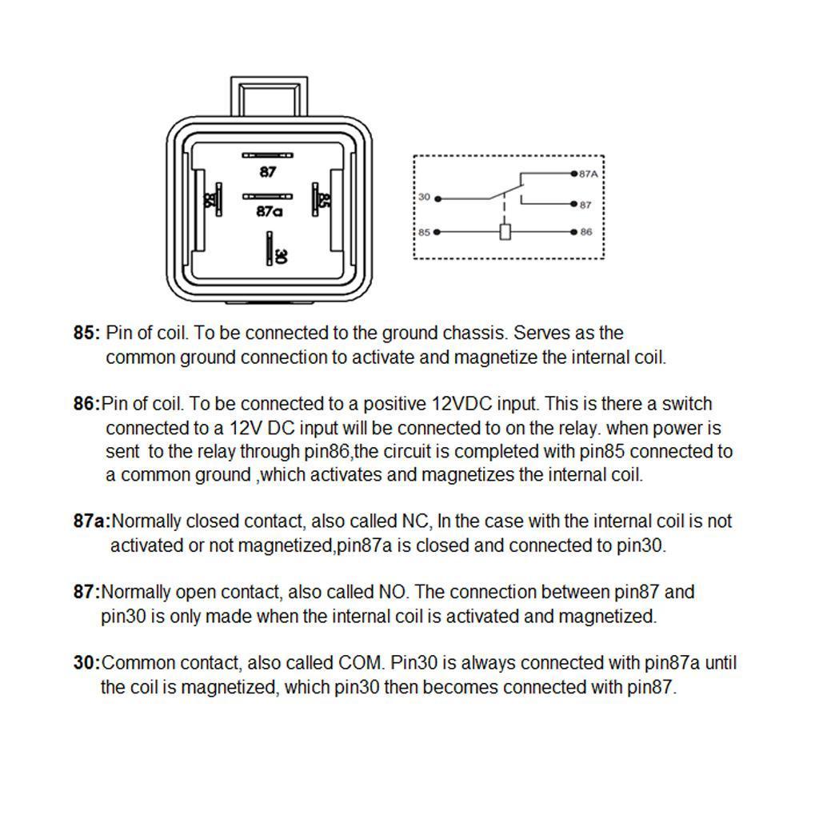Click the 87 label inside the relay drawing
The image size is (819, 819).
click(x=267, y=171)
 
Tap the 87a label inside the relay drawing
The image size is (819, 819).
click(x=269, y=211)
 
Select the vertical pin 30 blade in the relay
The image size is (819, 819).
click(x=270, y=249)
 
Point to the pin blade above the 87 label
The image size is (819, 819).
click(x=267, y=155)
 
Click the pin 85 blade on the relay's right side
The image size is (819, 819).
click(x=315, y=199)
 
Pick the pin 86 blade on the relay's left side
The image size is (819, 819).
click(x=219, y=199)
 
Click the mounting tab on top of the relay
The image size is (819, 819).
click(x=269, y=97)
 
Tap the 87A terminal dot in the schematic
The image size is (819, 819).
click(x=574, y=174)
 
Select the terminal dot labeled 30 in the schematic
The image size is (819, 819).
click(x=437, y=199)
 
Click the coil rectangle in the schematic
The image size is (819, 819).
click(x=505, y=231)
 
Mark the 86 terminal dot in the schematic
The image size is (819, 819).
click(x=574, y=232)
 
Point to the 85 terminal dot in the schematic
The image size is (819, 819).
click(x=437, y=232)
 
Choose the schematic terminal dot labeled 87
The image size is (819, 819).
click(x=574, y=204)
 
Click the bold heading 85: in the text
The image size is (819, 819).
click(x=86, y=333)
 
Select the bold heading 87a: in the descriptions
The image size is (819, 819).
click(x=92, y=521)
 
